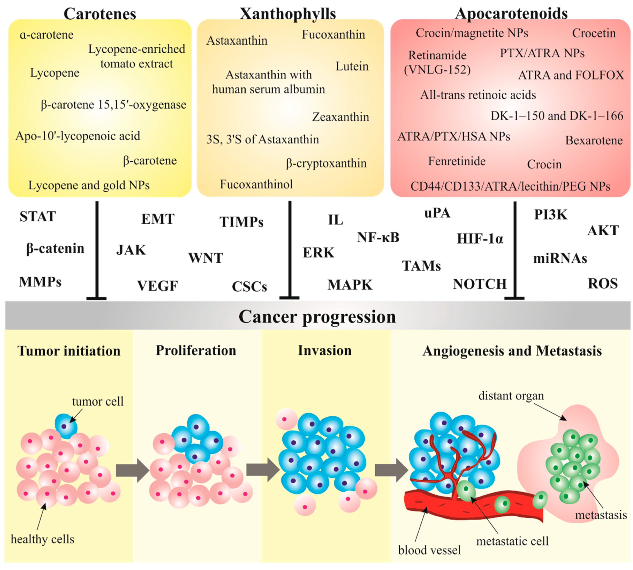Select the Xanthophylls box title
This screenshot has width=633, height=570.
287,14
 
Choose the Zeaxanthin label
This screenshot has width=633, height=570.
340,117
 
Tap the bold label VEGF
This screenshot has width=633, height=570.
157,286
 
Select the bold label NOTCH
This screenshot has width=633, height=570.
479,284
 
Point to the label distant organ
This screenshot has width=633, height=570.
511,396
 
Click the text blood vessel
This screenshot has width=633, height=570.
429,550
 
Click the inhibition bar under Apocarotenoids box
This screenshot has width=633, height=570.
514,251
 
